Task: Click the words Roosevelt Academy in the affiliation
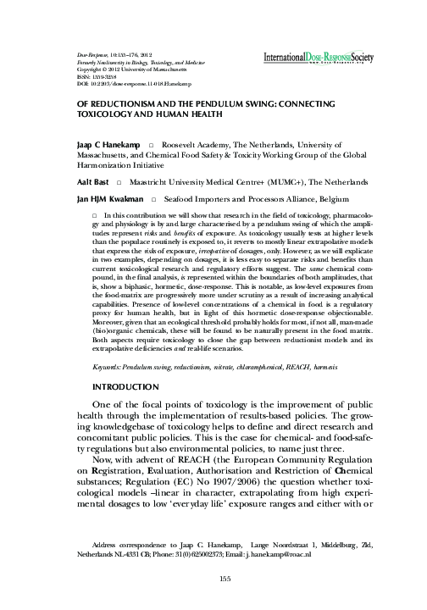(x=197, y=146)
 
